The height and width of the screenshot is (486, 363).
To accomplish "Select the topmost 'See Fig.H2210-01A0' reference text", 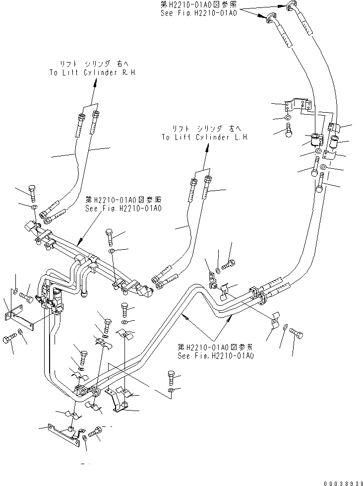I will [199, 14].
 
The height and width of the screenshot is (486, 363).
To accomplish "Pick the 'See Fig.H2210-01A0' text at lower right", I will [216, 355].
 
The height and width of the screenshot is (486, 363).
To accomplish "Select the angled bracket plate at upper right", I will [299, 104].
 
